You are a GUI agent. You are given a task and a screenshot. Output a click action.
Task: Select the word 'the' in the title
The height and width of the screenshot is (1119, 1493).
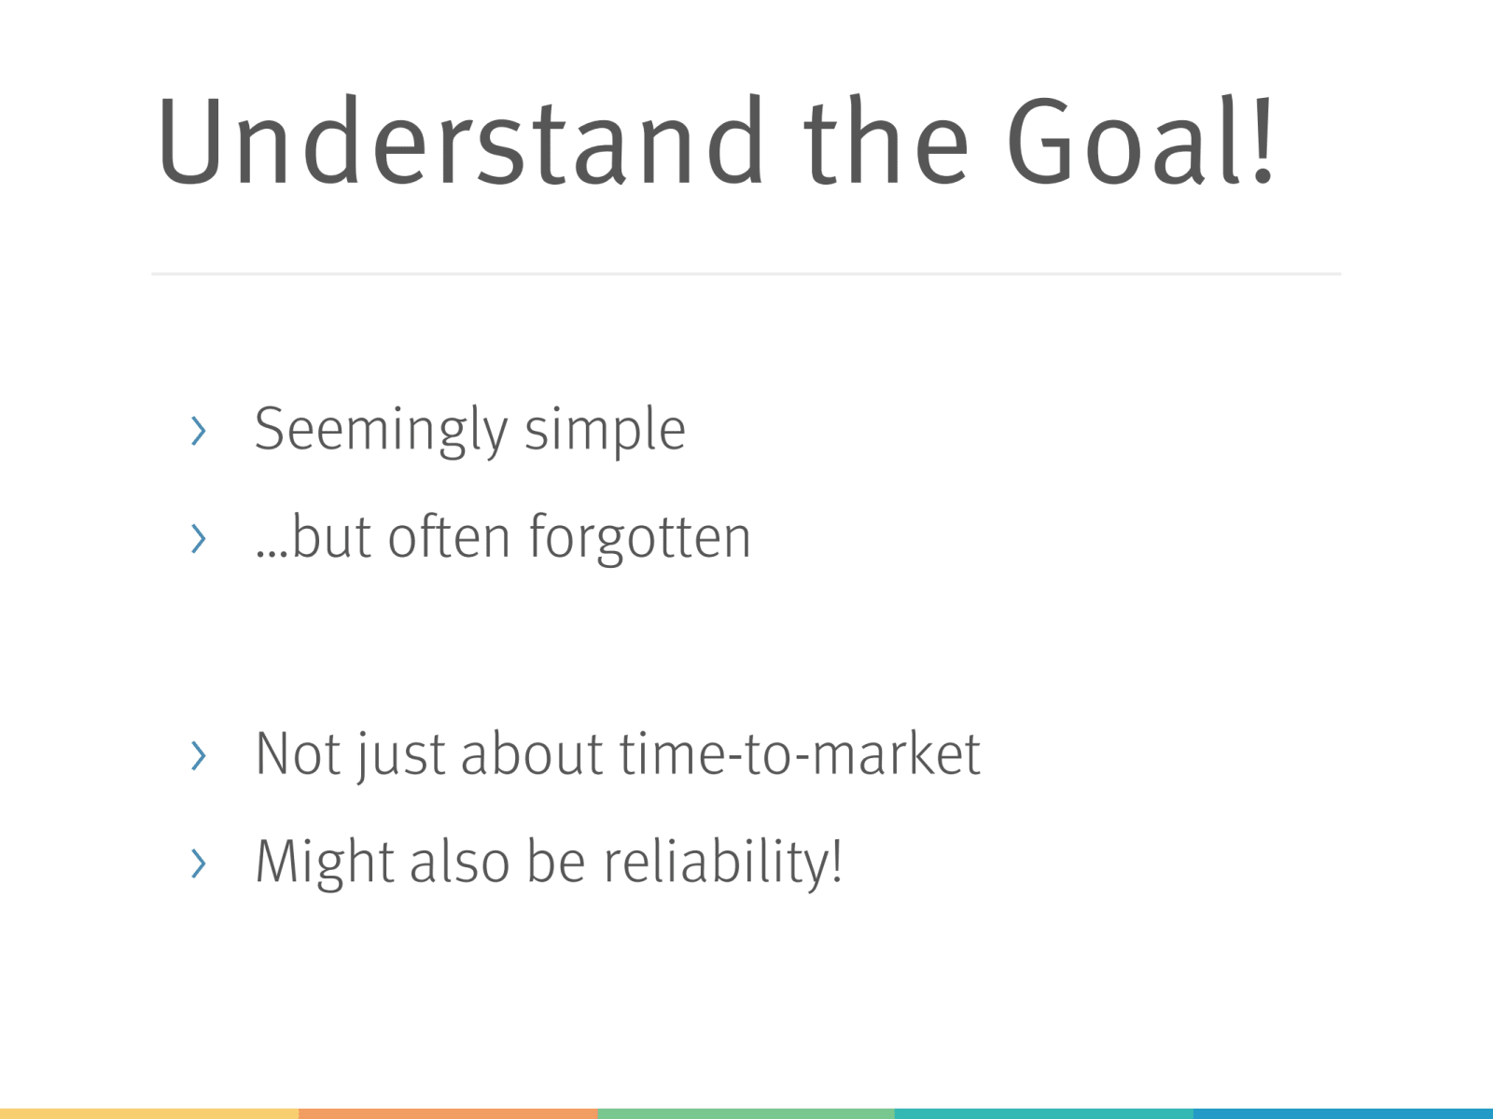pos(886,139)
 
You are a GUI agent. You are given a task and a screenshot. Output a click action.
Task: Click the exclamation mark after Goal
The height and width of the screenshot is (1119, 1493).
pos(1263,139)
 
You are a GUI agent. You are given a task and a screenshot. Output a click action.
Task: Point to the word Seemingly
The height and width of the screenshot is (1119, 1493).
pos(381,431)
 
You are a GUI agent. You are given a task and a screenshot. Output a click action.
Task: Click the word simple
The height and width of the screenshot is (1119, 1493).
pos(605,431)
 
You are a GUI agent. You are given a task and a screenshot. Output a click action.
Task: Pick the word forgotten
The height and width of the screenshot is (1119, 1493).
pos(640,538)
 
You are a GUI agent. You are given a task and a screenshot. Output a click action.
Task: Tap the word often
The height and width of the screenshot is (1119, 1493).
pos(449,537)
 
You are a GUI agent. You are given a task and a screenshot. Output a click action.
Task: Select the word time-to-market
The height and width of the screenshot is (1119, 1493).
pos(800,753)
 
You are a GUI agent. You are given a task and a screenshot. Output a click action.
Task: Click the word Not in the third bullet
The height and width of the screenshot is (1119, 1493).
pos(298,753)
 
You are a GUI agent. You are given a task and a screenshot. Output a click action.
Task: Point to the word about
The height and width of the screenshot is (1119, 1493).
pos(531,753)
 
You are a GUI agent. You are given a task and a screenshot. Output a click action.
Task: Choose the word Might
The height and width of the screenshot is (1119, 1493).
pos(325,862)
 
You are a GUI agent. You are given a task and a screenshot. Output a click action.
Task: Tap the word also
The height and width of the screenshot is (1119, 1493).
pos(460,862)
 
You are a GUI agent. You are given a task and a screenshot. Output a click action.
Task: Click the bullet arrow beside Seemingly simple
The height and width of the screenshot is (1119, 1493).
pos(199,431)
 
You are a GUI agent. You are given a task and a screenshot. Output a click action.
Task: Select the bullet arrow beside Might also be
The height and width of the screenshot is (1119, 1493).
pos(199,863)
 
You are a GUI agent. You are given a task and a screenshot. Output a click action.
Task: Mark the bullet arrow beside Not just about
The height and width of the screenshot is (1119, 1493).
pos(199,755)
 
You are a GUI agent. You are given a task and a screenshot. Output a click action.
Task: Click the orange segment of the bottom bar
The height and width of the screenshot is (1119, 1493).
pos(448,1113)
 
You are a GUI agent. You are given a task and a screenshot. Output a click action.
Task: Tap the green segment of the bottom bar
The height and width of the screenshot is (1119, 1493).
pos(746,1113)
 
